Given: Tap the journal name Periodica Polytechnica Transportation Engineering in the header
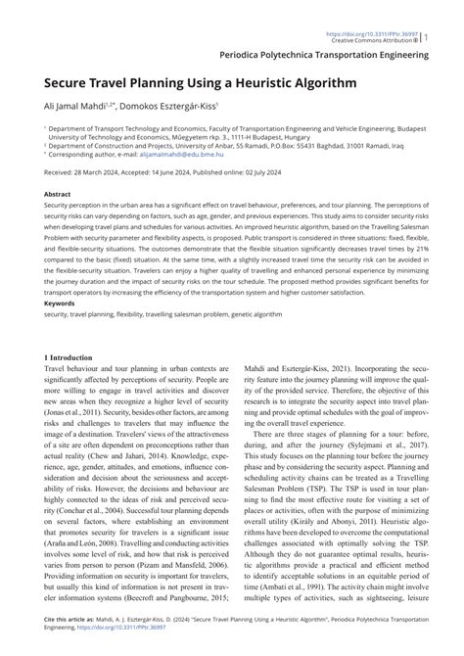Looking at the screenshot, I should [325, 57].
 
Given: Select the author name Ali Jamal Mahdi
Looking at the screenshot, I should [74, 107].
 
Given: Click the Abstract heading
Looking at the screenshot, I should [59, 195].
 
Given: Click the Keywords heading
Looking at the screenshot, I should [61, 303].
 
